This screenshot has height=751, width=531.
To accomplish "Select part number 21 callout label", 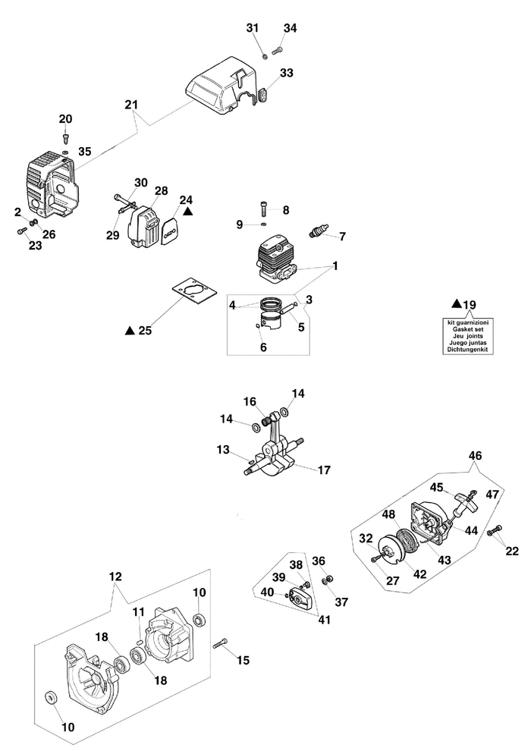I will click(131, 103).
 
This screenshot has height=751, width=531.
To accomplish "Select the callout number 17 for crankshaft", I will click(324, 470).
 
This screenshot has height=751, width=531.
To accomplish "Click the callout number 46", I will click(475, 455).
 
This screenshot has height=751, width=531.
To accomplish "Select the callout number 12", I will click(115, 577).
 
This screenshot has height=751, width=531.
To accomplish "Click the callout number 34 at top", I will click(290, 28).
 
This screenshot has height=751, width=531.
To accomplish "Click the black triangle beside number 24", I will click(187, 213).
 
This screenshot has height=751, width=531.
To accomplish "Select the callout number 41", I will click(325, 620).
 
